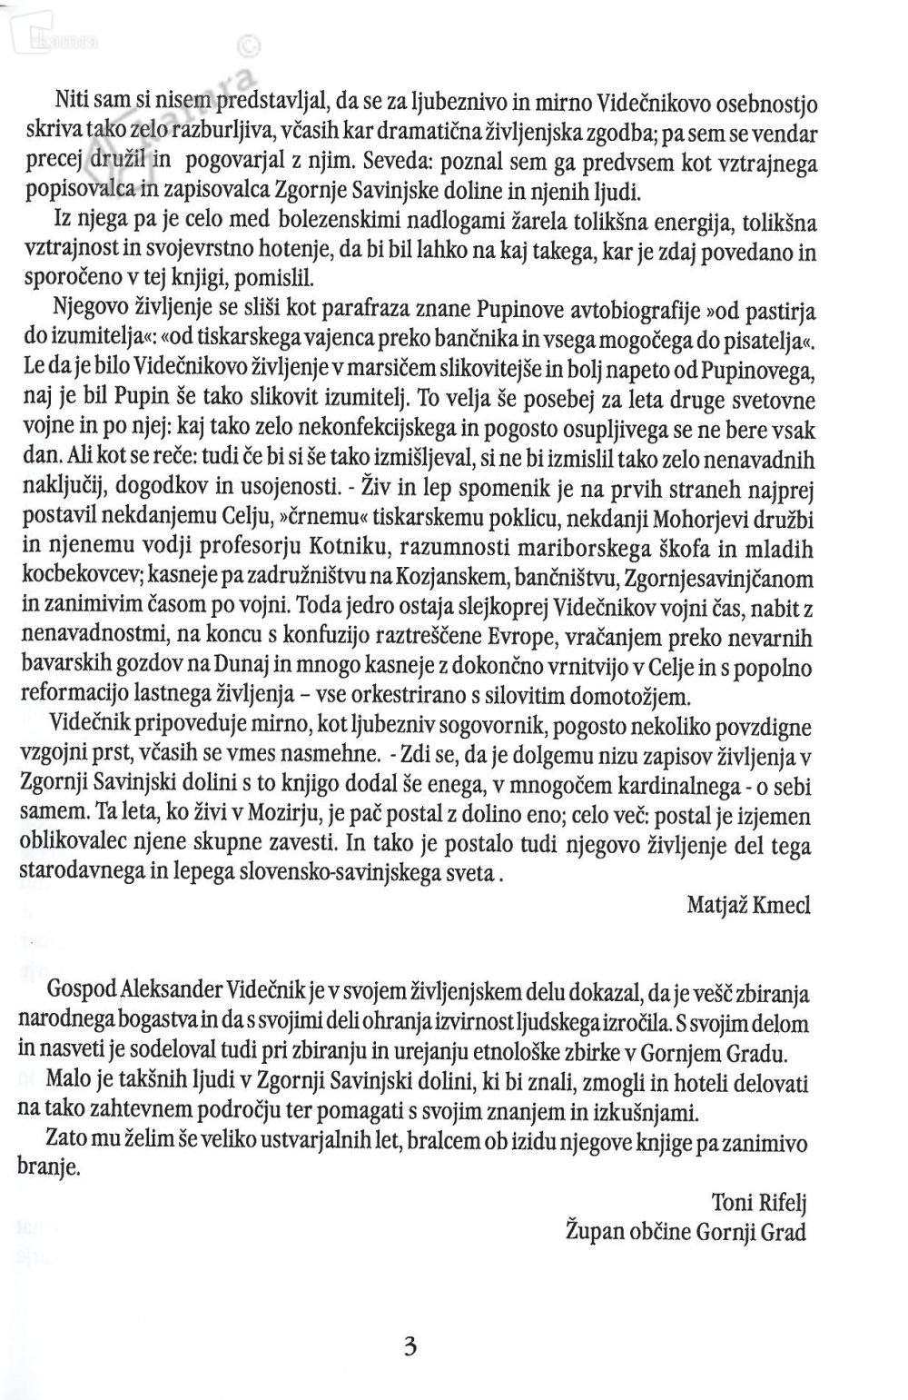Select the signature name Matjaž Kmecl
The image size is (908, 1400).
pos(748,904)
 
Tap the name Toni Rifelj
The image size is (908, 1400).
pos(760,1204)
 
